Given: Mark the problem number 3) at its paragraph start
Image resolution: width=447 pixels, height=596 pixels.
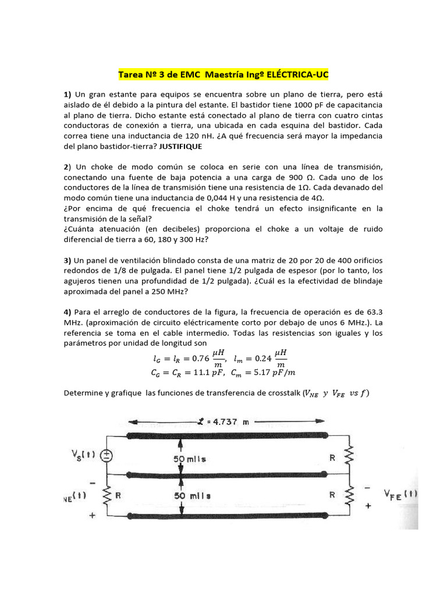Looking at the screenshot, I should pos(68,260).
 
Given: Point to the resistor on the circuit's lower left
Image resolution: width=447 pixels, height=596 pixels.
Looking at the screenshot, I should pos(107,496).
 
